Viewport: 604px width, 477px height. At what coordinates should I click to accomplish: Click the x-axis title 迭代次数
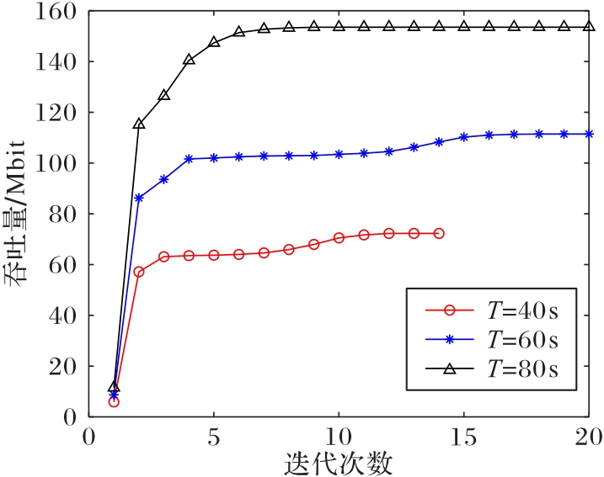pos(339,462)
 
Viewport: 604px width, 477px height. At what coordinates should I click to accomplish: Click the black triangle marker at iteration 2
pos(139,124)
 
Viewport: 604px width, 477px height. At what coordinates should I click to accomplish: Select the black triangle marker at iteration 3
pos(163,95)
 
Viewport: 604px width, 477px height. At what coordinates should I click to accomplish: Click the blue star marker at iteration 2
pos(139,198)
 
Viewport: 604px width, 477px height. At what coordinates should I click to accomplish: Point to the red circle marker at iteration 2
pos(139,272)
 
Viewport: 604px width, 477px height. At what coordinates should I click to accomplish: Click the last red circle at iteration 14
pos(439,233)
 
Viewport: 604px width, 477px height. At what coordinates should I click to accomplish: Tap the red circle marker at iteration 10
pos(339,238)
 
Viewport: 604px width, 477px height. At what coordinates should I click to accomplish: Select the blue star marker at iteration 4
pos(189,158)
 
